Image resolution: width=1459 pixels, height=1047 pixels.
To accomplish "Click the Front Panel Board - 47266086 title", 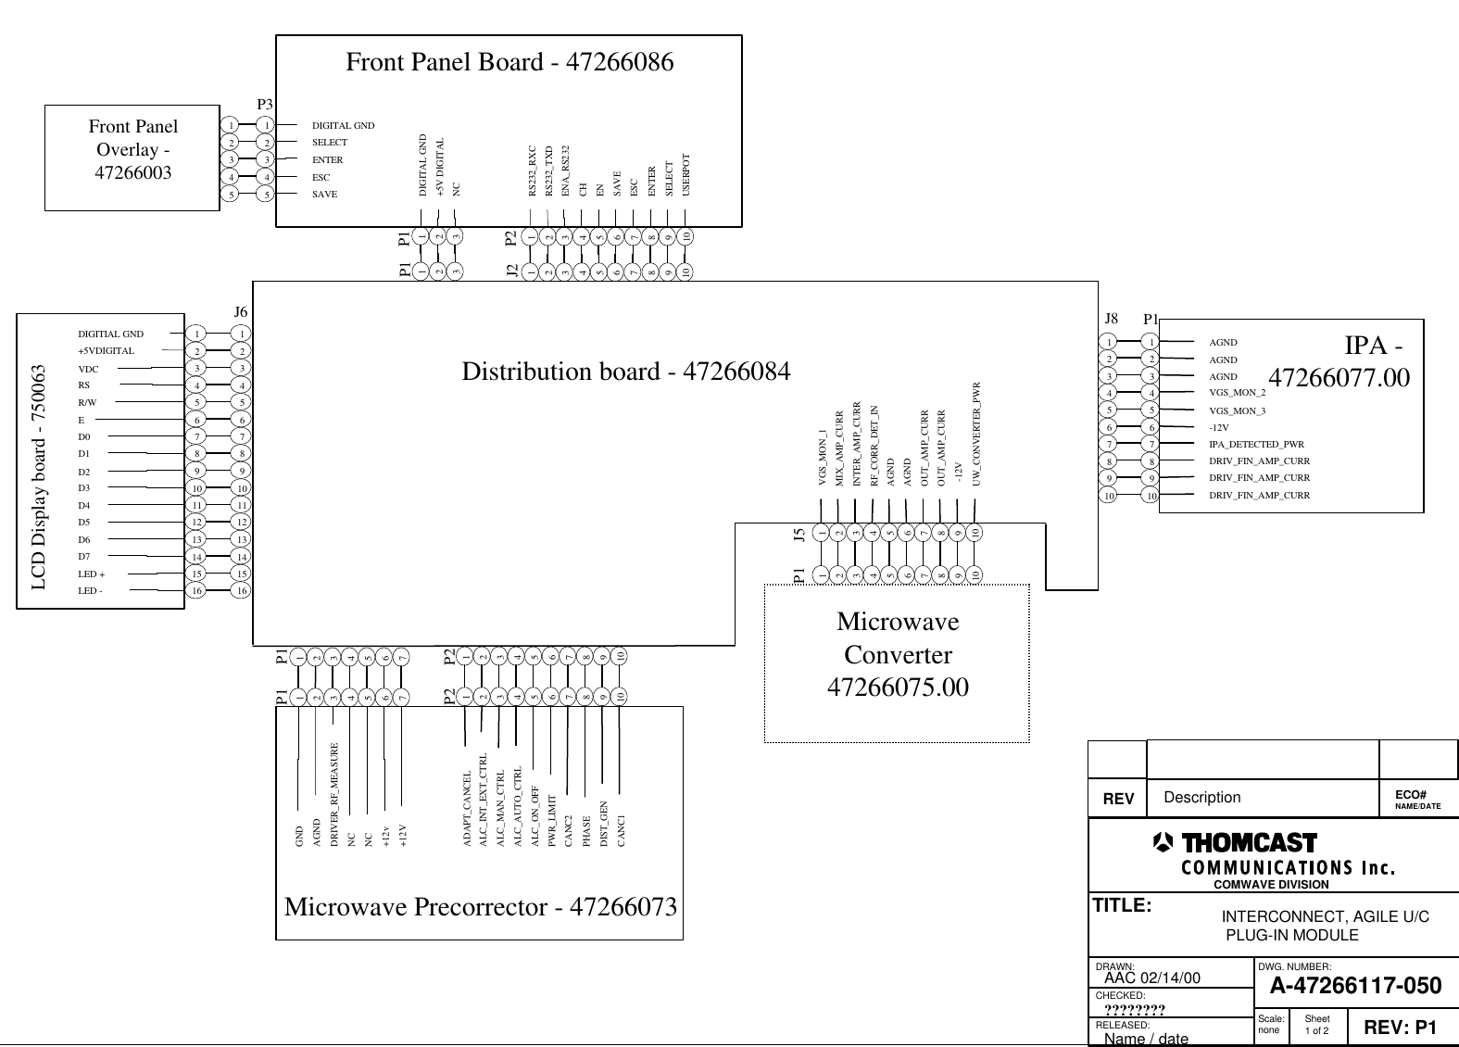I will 509,62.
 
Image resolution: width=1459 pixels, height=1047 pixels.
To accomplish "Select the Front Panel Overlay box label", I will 133,149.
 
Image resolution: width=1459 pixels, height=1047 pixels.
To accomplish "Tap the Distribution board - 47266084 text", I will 626,372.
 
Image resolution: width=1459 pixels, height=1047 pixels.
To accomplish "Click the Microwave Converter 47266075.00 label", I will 897,655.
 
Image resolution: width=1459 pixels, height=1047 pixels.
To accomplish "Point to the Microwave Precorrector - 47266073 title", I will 480,906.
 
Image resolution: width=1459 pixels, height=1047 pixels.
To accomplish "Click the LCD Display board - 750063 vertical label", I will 40,477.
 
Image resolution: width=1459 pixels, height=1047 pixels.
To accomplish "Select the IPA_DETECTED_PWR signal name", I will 1255,445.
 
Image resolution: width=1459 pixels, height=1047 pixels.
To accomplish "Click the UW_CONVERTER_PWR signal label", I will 976,434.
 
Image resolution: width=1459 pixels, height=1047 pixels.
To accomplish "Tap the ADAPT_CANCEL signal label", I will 467,808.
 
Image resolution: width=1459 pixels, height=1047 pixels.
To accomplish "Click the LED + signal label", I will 91,574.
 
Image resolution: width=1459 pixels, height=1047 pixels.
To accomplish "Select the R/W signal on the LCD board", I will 87,403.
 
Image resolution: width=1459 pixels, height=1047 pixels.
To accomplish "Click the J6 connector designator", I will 240,312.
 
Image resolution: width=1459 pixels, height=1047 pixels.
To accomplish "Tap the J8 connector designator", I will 1113,318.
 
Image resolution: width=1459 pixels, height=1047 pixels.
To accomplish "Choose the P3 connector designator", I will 264,105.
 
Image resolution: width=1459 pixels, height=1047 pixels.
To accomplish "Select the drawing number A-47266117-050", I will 1354,986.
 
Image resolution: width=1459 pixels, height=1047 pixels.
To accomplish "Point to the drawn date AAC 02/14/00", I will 1152,978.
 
